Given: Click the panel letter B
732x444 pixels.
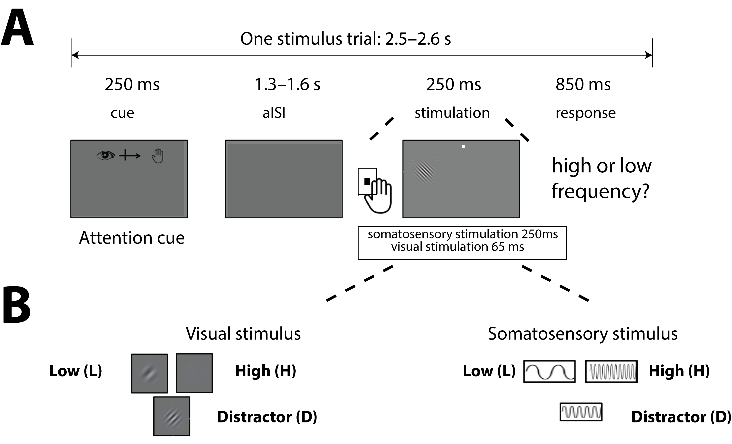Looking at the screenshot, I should point(17,305).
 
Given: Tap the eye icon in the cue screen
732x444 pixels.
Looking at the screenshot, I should point(105,155).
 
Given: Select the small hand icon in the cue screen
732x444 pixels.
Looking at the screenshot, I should point(158,156).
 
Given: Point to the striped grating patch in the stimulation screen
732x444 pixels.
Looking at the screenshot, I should point(423,172).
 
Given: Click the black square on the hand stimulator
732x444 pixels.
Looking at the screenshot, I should point(367,181).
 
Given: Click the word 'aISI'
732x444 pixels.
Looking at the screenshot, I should point(274,113).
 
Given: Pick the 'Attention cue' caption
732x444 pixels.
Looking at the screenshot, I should point(132,238).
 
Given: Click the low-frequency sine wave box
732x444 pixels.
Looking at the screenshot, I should point(549,371).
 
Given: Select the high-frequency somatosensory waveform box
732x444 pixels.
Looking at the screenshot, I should point(611,371).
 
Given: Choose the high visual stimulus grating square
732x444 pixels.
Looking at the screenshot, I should point(194,373).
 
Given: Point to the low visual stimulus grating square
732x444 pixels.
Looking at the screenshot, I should point(149,373).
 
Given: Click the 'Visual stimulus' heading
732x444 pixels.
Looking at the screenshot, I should point(243,334).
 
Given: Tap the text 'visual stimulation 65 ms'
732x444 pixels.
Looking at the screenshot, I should point(458,247).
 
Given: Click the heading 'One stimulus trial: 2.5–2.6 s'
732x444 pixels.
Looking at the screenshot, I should point(346,39).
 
